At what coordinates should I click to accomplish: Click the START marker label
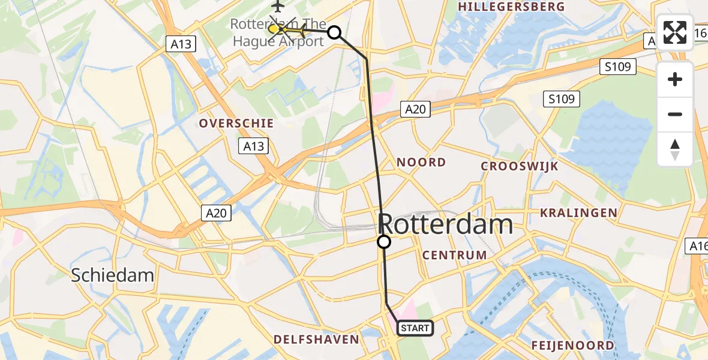pyautogui.click(x=415, y=328)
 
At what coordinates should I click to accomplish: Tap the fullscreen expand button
pyautogui.click(x=675, y=32)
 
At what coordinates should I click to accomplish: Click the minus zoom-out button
pyautogui.click(x=675, y=114)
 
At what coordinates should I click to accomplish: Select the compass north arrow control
pyautogui.click(x=675, y=149)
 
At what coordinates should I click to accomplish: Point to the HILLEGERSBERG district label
pyautogui.click(x=511, y=7)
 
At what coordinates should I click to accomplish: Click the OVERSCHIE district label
pyautogui.click(x=236, y=123)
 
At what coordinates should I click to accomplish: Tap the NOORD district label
pyautogui.click(x=421, y=162)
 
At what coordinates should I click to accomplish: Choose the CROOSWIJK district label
pyautogui.click(x=520, y=166)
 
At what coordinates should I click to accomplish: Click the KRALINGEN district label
pyautogui.click(x=578, y=212)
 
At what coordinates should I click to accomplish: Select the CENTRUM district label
pyautogui.click(x=454, y=255)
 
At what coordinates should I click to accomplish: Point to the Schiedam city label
pyautogui.click(x=112, y=275)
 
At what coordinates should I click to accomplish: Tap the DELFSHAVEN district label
pyautogui.click(x=316, y=340)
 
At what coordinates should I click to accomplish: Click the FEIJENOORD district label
pyautogui.click(x=572, y=345)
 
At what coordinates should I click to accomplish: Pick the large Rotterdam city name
pyautogui.click(x=446, y=225)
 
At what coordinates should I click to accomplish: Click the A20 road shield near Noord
pyautogui.click(x=415, y=109)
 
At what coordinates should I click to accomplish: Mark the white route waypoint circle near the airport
pyautogui.click(x=334, y=32)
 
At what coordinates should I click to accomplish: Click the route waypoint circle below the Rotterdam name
pyautogui.click(x=383, y=242)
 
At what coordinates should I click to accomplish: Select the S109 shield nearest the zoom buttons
pyautogui.click(x=618, y=67)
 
